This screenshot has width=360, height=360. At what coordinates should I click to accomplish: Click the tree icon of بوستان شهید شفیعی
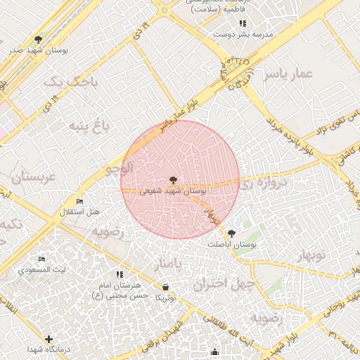(174, 181)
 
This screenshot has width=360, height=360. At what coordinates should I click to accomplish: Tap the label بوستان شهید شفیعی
(174, 191)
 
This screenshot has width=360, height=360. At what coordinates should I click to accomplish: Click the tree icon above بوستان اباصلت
(232, 233)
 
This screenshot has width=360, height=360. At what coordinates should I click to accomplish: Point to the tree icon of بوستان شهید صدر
(38, 40)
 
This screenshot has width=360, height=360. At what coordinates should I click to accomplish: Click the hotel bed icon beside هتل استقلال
(79, 202)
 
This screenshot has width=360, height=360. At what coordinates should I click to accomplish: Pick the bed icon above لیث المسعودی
(42, 259)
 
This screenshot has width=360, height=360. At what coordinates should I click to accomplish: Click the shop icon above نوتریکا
(165, 287)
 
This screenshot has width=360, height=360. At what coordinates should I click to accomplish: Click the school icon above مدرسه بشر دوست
(243, 23)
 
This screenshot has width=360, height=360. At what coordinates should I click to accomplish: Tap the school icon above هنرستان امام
(119, 274)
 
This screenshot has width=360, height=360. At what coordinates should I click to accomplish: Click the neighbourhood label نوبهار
(307, 255)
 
